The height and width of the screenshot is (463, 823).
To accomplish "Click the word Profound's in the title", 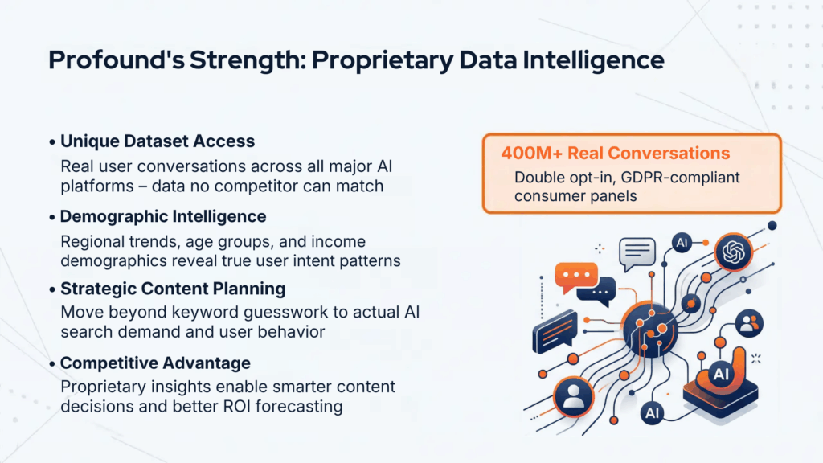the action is (117, 59).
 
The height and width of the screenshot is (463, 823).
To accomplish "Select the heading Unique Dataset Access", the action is (158, 141).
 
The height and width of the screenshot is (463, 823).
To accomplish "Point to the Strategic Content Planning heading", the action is (174, 289).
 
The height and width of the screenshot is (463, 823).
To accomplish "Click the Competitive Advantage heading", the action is (155, 363).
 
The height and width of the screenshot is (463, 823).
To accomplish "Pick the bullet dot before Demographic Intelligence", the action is (52, 217).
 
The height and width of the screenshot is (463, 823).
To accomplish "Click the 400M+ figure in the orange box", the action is (532, 153).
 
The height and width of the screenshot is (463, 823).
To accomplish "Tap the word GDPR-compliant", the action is (680, 178).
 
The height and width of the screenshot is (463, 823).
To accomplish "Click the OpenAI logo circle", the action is (733, 252).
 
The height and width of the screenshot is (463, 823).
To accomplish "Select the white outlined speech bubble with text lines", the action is (637, 253).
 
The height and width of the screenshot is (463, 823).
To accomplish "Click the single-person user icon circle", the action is (573, 396).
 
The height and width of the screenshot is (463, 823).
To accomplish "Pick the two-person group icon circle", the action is (749, 323).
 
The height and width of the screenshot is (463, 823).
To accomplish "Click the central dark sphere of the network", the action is (650, 330).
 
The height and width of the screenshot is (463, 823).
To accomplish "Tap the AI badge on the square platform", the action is (721, 374).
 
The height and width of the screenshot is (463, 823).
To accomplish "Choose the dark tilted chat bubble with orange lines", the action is (555, 332).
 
